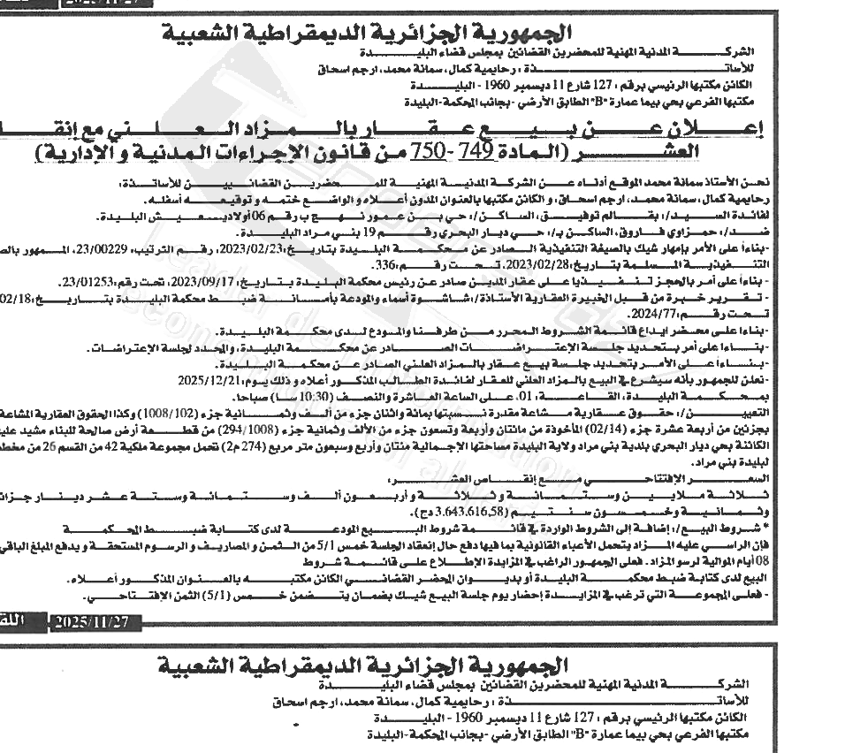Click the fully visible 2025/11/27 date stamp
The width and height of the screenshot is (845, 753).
point(91,622)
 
